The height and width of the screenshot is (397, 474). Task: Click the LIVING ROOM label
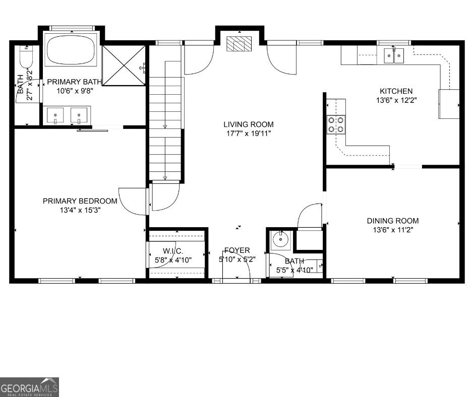(x=249, y=124)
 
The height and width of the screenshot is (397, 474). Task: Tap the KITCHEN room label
(x=396, y=91)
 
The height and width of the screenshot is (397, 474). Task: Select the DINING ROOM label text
(x=392, y=221)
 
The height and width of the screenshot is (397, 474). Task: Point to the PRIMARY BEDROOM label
(x=80, y=201)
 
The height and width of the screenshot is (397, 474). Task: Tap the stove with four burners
(x=336, y=124)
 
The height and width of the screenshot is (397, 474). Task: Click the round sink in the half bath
(x=279, y=240)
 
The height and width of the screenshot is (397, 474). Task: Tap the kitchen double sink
(x=394, y=55)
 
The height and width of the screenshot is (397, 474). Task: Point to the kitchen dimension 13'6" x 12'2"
(x=396, y=100)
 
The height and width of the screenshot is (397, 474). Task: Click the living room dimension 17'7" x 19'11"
(x=249, y=134)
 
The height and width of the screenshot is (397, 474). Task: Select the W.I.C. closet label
(x=172, y=251)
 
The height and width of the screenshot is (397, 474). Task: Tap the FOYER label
(x=237, y=250)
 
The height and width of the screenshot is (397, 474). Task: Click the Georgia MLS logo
(x=29, y=387)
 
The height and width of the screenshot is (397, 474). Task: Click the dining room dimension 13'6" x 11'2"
(x=392, y=230)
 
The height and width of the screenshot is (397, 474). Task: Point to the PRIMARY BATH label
(x=75, y=82)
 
